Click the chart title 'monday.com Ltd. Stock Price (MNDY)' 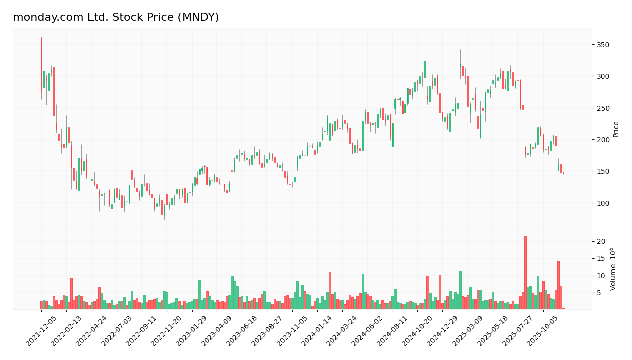coord(116,18)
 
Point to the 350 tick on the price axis coord(602,45)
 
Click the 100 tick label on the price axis coord(602,203)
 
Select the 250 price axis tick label coord(602,108)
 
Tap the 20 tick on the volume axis coord(601,242)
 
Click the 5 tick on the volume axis coord(599,293)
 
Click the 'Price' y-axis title coord(616,129)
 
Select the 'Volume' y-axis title coord(613,269)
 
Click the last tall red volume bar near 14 coord(558,285)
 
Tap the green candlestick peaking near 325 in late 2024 coord(425,70)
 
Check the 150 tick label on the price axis coord(602,171)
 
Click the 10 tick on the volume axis coord(601,276)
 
